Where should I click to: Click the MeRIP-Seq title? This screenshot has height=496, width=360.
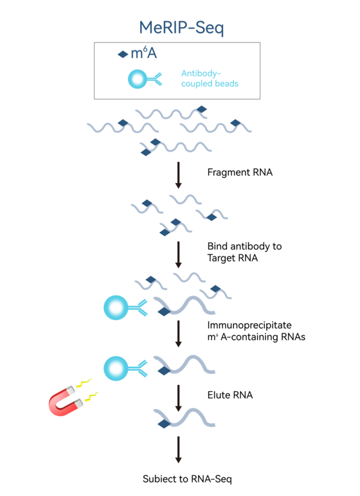point(181,28)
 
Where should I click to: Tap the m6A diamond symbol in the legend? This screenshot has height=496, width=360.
point(123,55)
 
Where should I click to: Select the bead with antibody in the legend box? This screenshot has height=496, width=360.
point(145,79)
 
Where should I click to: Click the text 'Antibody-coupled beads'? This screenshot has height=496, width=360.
point(210,78)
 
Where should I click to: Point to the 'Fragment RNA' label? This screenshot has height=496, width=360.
point(240,172)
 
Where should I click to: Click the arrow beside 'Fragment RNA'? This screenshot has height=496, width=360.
point(178,175)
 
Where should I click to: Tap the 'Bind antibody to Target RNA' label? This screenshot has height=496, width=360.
point(244,252)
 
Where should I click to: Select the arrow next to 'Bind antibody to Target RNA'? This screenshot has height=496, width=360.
point(178,255)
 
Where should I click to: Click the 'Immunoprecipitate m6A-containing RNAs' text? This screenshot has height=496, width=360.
point(256,331)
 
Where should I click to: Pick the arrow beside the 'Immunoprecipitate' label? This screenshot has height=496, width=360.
point(178,334)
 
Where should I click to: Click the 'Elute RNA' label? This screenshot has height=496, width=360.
point(230,395)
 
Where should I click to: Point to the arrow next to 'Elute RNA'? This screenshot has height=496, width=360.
point(178,398)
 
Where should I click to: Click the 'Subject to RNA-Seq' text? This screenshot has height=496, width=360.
point(187,479)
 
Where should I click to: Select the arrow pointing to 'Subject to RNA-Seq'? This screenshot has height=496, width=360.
point(178,450)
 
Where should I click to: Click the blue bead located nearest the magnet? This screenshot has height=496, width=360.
point(116,368)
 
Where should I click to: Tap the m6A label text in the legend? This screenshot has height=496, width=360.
point(144,53)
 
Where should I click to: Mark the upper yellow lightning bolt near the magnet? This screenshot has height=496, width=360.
point(84,383)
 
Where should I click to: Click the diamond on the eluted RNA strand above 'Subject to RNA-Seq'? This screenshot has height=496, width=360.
point(164,423)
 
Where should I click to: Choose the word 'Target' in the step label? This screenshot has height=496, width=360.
point(218,258)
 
